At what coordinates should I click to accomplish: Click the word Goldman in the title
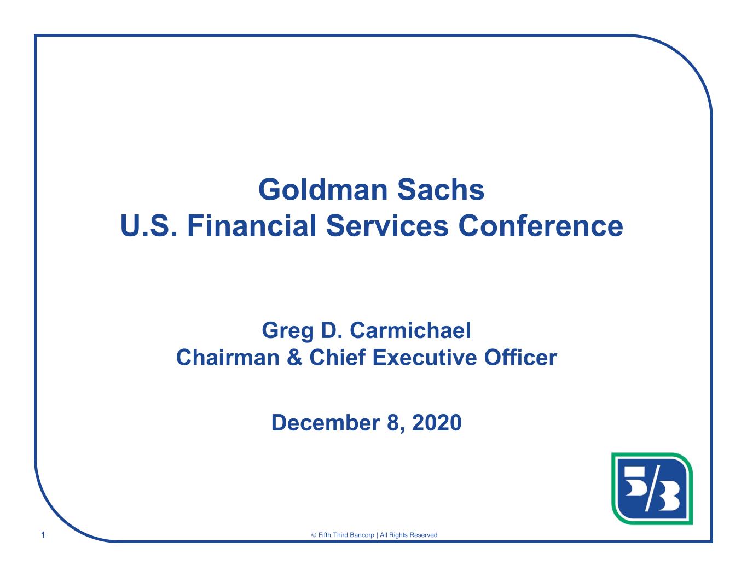click(x=323, y=190)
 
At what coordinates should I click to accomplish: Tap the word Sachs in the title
click(x=441, y=190)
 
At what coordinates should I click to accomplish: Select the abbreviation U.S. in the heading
click(x=148, y=226)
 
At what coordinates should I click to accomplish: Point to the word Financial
click(x=251, y=226)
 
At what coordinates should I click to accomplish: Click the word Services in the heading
click(x=387, y=226)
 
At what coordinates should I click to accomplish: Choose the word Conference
click(x=540, y=226)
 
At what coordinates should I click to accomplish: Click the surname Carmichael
click(x=410, y=330)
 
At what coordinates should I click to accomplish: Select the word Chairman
click(x=228, y=357)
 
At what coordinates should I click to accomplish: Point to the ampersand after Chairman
click(x=294, y=357)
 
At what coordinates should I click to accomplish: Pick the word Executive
click(x=424, y=357)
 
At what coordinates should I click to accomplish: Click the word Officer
click(x=520, y=357)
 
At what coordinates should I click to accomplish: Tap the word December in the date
click(x=326, y=422)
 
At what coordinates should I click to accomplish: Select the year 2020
click(x=437, y=422)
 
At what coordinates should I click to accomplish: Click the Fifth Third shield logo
click(x=652, y=488)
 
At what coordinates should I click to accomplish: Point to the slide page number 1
click(x=43, y=534)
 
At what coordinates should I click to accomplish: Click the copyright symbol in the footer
click(x=314, y=535)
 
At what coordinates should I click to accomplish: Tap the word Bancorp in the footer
click(x=362, y=535)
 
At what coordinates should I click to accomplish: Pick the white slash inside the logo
click(x=652, y=489)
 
